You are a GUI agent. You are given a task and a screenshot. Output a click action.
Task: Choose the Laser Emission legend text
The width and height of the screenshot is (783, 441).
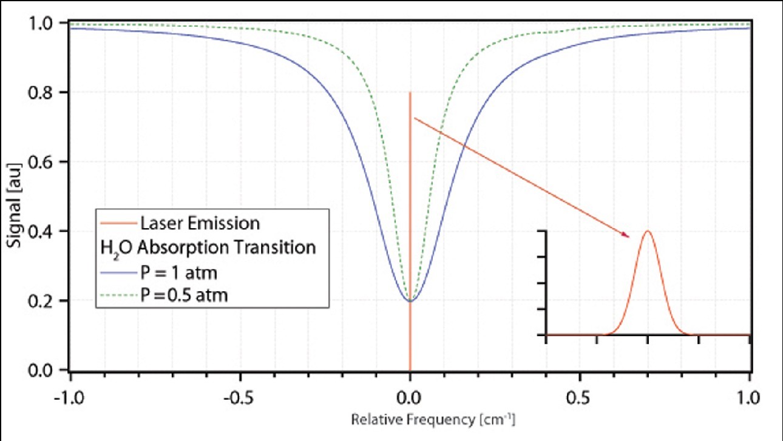coord(200,223)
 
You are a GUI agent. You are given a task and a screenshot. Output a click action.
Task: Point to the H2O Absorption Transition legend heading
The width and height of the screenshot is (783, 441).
coord(207,248)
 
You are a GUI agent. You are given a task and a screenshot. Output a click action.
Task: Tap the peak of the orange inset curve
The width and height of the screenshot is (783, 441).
coord(648,231)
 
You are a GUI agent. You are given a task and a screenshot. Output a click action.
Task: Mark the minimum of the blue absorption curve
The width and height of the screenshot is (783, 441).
coord(410,300)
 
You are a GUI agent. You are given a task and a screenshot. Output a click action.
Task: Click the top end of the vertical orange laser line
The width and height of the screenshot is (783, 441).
coord(410,93)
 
